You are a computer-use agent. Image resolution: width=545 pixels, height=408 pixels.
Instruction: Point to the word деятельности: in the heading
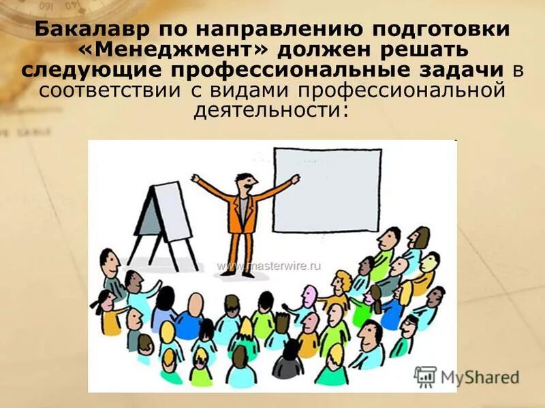point(271,109)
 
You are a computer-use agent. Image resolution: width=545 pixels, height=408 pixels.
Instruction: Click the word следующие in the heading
point(93,70)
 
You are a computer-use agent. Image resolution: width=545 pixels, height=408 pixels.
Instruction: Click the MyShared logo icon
point(425,376)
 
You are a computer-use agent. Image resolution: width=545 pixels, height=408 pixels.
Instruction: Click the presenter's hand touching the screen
point(295,179)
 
